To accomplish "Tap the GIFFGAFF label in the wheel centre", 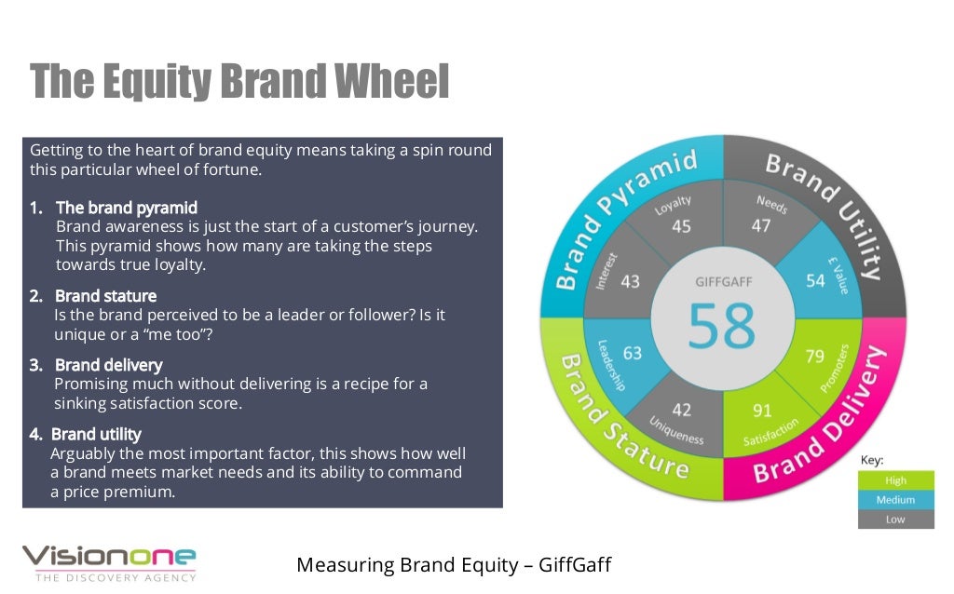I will click(723, 281).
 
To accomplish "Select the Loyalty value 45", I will click(681, 226).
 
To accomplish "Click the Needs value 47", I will click(761, 224).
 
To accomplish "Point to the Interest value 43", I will click(630, 280).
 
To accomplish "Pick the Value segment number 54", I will click(816, 280).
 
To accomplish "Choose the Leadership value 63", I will click(633, 353).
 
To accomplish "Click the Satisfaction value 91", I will click(763, 409).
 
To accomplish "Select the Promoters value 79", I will click(814, 356).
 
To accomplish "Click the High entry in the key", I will click(895, 480).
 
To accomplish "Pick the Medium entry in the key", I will click(895, 500).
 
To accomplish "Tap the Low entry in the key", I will click(895, 520).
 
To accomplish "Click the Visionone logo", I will click(109, 561).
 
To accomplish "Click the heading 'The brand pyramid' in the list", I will click(127, 207).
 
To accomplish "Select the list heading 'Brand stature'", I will click(105, 296).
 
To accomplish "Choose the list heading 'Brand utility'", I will click(96, 434).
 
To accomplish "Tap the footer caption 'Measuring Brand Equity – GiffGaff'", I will click(453, 564).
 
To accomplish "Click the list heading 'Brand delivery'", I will click(108, 365).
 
